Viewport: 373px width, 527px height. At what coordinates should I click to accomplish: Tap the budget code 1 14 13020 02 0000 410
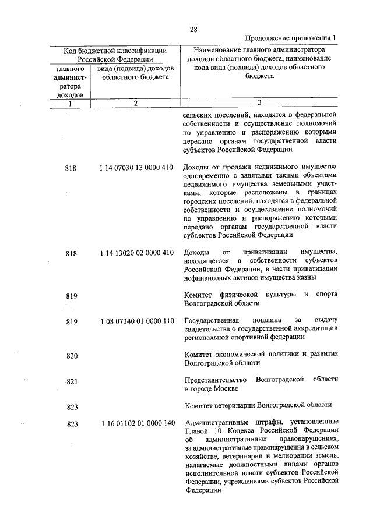(x=136, y=253)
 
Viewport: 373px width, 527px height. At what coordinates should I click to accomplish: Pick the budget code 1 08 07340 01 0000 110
(x=136, y=321)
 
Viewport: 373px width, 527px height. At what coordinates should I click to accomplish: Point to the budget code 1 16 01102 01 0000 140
(x=136, y=423)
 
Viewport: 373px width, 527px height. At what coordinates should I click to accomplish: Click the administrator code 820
(x=72, y=356)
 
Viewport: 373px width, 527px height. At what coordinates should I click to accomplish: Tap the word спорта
(x=326, y=295)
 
